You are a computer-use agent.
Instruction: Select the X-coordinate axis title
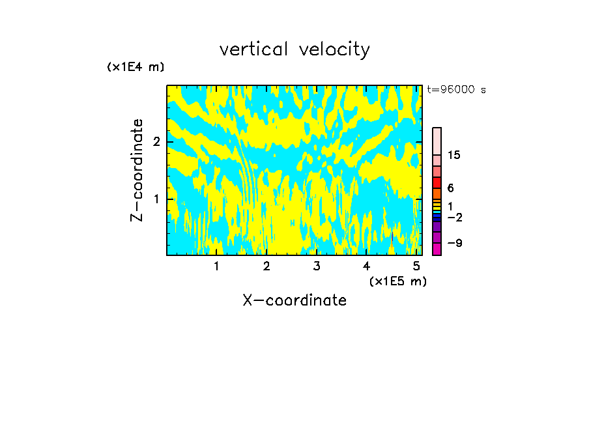pyautogui.click(x=294, y=300)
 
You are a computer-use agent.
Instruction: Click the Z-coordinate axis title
pyautogui.click(x=137, y=170)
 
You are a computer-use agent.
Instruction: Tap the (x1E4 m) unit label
pyautogui.click(x=136, y=67)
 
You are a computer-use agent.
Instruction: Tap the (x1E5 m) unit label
pyautogui.click(x=397, y=281)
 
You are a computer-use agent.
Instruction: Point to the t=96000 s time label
pyautogui.click(x=456, y=90)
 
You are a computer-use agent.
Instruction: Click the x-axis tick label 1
pyautogui.click(x=217, y=266)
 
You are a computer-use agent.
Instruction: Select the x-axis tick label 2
pyautogui.click(x=266, y=266)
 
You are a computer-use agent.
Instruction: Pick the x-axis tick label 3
pyautogui.click(x=317, y=266)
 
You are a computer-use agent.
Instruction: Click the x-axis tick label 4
pyautogui.click(x=366, y=266)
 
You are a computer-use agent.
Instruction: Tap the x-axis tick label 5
pyautogui.click(x=416, y=266)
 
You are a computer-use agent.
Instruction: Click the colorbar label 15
pyautogui.click(x=454, y=155)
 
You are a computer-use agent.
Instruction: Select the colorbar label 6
pyautogui.click(x=450, y=188)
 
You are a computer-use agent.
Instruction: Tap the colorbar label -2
pyautogui.click(x=454, y=217)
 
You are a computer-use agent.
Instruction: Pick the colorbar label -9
pyautogui.click(x=454, y=244)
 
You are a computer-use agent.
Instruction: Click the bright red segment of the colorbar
pyautogui.click(x=437, y=182)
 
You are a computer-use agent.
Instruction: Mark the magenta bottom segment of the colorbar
pyautogui.click(x=437, y=249)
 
